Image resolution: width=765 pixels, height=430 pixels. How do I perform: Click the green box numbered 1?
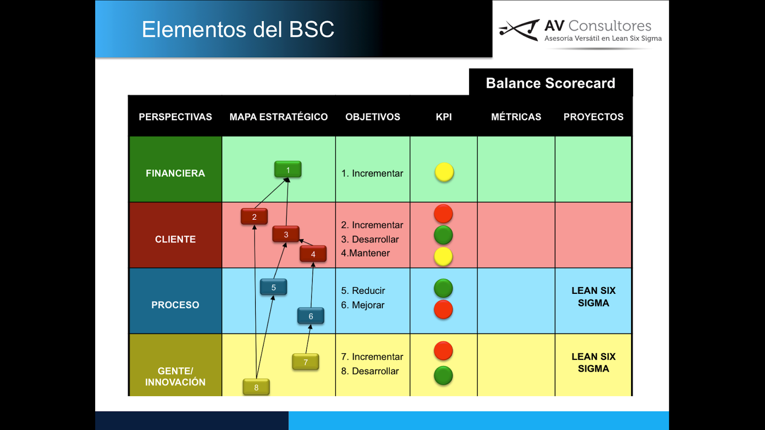click(288, 170)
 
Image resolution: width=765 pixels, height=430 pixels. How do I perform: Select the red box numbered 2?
click(254, 216)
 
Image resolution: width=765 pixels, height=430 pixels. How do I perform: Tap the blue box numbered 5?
click(273, 287)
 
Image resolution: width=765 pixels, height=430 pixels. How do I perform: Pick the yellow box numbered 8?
click(256, 387)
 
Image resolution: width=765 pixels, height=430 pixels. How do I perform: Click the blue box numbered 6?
click(311, 316)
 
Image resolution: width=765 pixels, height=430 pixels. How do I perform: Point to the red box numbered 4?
click(313, 254)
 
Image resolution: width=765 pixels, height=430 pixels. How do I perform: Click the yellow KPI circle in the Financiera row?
click(444, 172)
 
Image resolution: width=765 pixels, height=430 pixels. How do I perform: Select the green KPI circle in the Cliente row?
click(443, 235)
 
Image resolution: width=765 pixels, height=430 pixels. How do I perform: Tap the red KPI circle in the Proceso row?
click(443, 310)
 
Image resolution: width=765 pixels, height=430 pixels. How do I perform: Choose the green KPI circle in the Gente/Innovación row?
click(443, 376)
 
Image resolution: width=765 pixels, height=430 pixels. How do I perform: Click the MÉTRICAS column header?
click(516, 117)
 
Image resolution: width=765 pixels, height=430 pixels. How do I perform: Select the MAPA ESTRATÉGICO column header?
click(278, 117)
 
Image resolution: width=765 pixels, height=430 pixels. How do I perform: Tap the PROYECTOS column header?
click(593, 117)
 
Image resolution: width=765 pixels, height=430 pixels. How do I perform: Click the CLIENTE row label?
click(175, 239)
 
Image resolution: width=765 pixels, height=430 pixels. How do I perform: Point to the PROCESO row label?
click(175, 305)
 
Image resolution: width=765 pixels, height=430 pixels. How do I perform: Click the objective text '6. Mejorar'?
click(363, 305)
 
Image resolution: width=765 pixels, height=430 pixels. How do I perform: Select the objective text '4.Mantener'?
click(365, 253)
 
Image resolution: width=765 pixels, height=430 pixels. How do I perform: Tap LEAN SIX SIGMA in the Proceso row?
click(593, 297)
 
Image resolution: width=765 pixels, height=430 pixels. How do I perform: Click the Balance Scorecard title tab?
click(551, 83)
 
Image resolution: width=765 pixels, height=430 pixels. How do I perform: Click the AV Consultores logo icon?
click(519, 30)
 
